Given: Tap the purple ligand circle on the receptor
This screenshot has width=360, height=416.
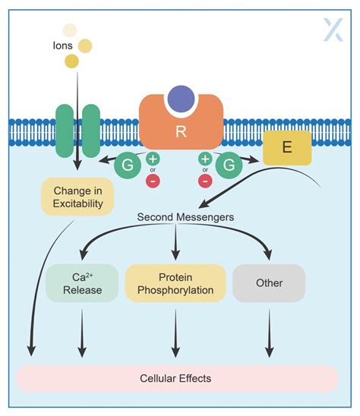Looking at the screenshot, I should (x=180, y=99).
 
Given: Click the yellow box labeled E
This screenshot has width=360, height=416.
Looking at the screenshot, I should (x=286, y=147).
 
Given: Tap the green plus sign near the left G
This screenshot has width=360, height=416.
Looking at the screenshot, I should (x=152, y=159).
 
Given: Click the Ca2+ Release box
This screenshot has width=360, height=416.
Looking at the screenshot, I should (x=82, y=283).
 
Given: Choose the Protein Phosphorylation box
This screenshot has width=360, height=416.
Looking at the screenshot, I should (x=175, y=283).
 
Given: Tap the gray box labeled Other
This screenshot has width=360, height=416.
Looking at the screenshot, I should (x=269, y=283).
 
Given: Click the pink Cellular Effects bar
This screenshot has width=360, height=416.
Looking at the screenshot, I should (x=175, y=378).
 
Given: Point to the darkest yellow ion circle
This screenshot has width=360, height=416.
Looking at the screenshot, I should (x=71, y=61).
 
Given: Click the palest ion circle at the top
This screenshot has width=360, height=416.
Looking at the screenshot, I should (x=70, y=30).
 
